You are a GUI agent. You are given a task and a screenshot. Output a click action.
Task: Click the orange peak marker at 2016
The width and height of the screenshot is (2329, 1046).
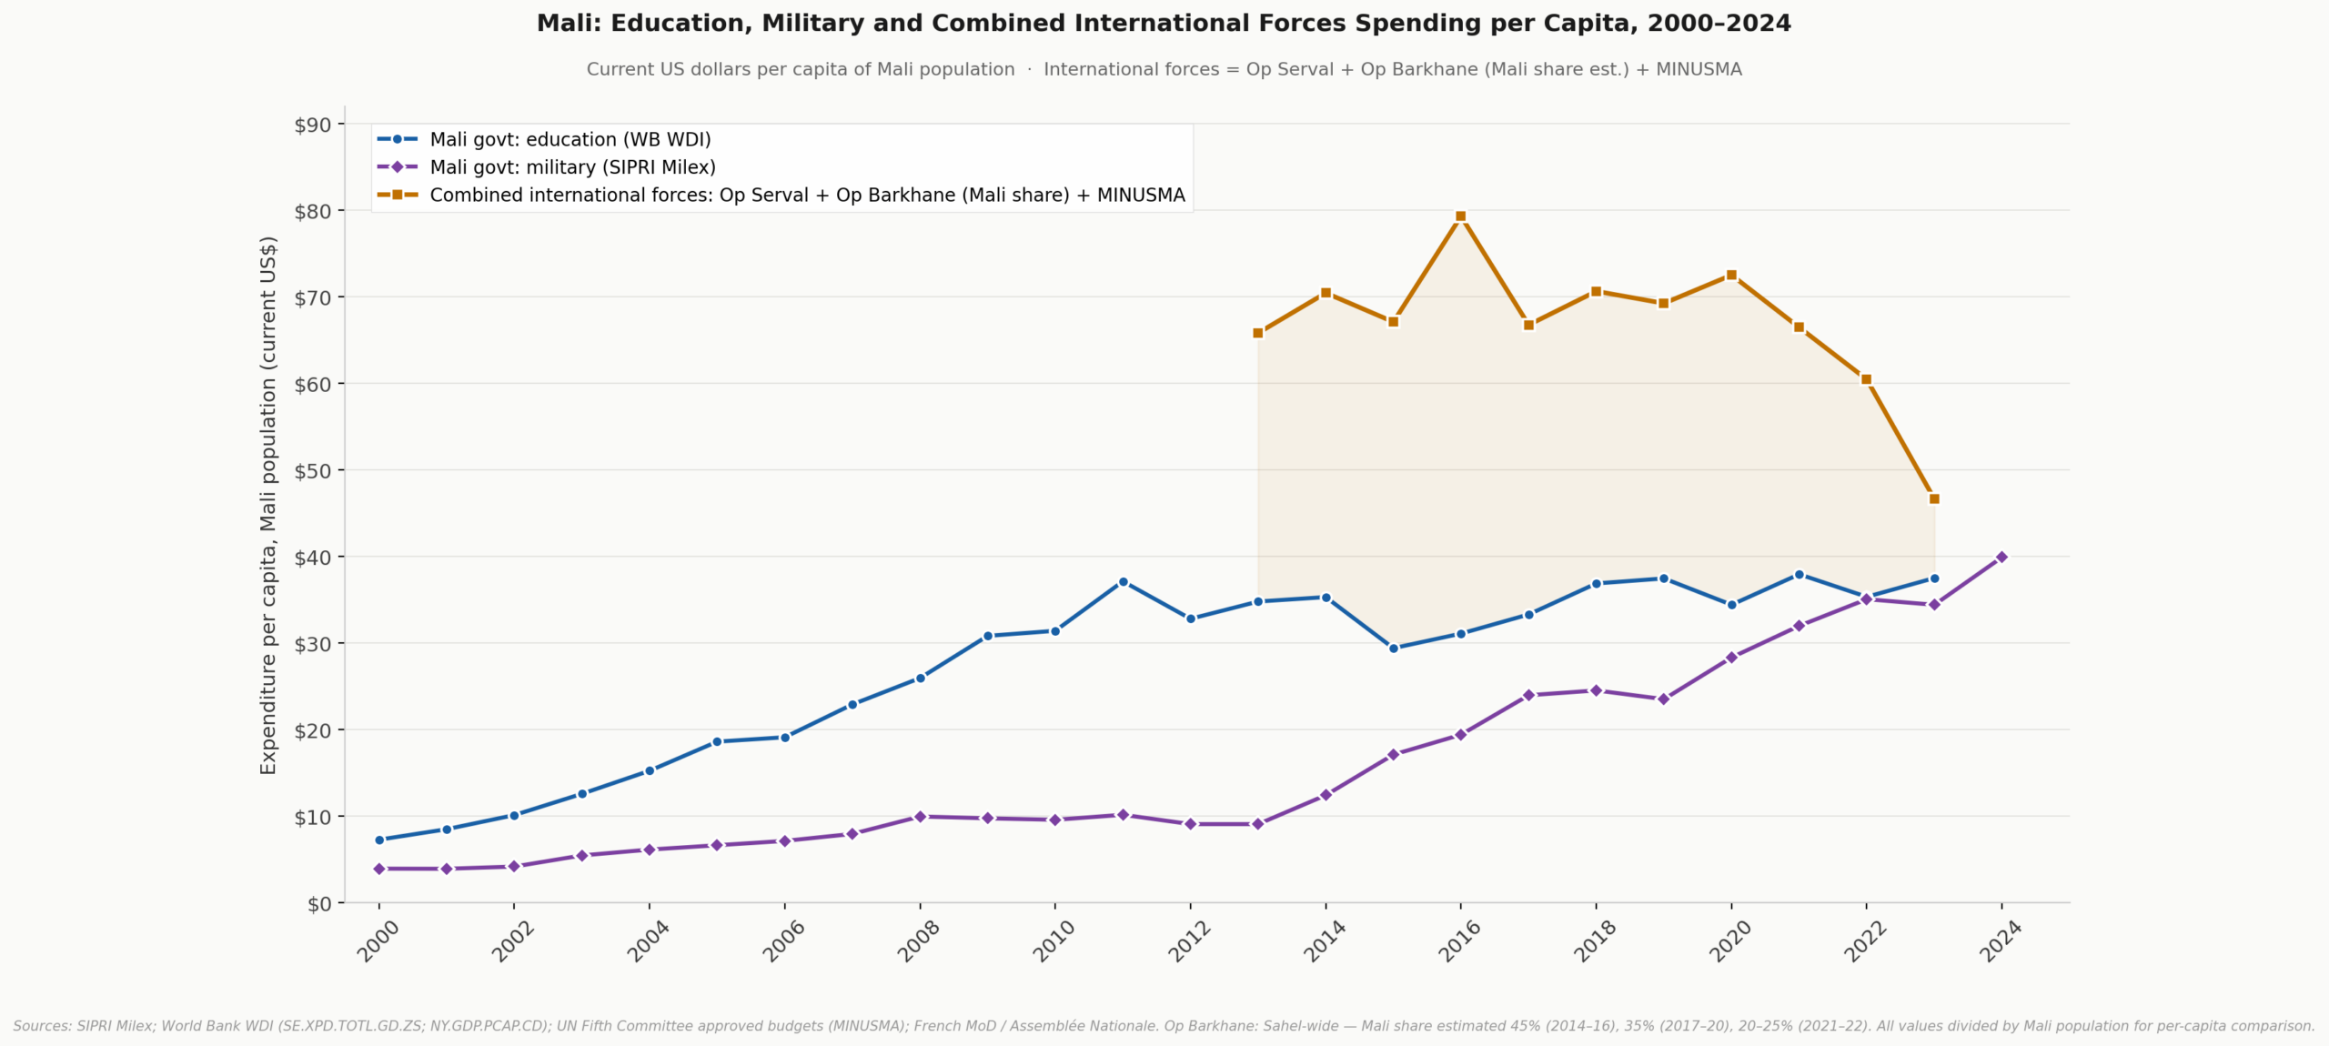(1461, 216)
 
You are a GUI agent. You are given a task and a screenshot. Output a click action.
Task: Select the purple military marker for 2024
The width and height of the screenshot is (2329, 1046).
(2001, 557)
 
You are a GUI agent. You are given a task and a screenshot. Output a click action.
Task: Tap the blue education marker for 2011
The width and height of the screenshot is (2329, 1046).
(1123, 581)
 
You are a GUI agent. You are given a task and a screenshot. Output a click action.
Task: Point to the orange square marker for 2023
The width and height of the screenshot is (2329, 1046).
(1934, 498)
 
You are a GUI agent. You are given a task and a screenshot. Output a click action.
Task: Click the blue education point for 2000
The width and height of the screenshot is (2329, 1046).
(379, 840)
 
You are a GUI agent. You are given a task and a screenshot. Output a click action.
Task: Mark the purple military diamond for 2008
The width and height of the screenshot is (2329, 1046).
(920, 817)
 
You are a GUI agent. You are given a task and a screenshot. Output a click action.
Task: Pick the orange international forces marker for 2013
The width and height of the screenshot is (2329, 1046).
(1258, 333)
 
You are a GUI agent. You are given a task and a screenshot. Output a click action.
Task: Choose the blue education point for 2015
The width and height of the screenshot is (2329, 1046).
(1393, 649)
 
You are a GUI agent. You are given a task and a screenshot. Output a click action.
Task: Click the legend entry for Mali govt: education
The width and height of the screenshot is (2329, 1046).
(570, 139)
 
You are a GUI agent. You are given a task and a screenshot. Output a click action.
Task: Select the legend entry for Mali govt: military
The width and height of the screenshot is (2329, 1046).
(572, 167)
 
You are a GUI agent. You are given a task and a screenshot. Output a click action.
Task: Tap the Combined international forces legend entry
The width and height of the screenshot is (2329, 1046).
(807, 195)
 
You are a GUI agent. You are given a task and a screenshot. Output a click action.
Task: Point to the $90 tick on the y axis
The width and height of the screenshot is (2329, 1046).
(312, 125)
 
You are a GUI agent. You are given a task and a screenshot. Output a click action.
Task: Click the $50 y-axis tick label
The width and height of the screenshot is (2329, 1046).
(312, 471)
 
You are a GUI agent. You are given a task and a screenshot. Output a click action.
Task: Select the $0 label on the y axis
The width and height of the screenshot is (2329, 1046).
(318, 904)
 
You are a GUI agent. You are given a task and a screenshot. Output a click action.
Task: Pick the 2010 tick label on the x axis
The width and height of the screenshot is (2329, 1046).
(1054, 940)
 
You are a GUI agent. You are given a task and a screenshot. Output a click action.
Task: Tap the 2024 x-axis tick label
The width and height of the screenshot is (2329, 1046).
(2001, 940)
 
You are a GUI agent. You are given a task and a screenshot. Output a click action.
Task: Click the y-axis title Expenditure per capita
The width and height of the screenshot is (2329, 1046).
(268, 505)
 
